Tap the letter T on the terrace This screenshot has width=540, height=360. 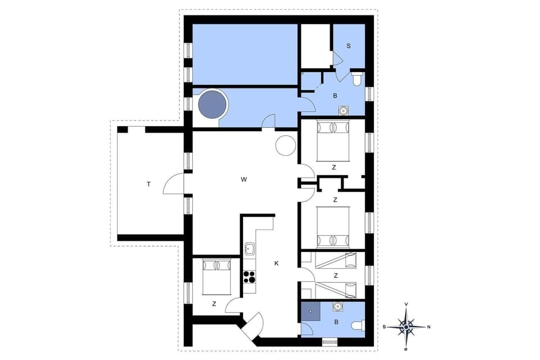148,184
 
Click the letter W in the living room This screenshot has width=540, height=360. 244,180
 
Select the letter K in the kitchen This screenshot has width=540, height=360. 276,263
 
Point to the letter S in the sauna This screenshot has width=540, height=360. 349,46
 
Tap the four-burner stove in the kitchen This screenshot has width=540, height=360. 249,277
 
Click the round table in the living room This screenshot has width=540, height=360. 285,145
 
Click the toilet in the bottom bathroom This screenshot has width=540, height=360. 358,326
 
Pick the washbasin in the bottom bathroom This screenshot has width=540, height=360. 337,307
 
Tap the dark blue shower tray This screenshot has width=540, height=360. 310,311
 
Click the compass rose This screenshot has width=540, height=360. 406,326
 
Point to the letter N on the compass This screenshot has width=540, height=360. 429,326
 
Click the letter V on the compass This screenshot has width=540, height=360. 406,304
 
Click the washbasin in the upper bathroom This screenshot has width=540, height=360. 342,111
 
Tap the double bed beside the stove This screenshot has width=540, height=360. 216,276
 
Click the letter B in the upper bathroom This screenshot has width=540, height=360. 335,96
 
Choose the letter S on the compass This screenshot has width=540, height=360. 384,326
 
